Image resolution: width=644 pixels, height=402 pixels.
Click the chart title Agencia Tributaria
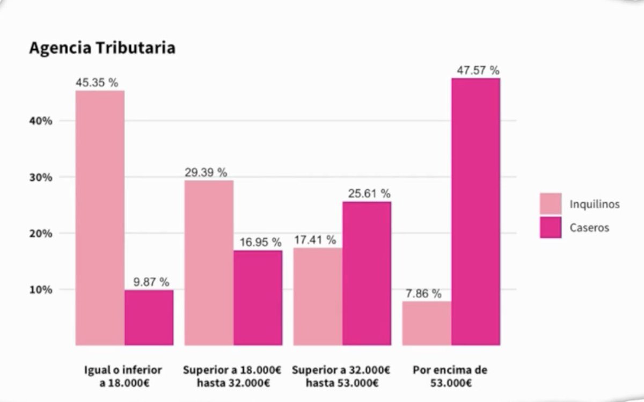102,48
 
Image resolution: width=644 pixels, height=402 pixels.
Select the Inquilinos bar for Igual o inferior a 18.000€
100,217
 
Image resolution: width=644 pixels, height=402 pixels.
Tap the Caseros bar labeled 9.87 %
149,318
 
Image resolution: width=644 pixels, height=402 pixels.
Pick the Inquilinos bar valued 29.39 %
209,262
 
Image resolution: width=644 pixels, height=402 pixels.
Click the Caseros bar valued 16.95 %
258,297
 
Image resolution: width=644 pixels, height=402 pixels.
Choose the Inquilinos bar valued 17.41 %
318,296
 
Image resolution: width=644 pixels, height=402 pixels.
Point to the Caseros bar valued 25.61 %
367,273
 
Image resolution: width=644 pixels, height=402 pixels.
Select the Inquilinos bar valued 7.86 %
427,323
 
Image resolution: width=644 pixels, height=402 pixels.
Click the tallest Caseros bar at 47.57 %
475,211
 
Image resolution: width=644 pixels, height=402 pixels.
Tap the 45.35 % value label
97,83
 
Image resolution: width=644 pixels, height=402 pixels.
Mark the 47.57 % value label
478,70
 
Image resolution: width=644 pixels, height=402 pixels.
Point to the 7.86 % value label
423,294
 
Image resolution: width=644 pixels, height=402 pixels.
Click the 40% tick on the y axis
41,121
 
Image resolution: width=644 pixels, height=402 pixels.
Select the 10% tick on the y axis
41,290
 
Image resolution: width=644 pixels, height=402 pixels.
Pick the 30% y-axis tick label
41,177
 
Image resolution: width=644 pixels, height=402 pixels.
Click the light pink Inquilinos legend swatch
551,204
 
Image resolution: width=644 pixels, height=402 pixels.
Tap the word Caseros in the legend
589,228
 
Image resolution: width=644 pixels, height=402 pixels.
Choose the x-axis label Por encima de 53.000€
450,376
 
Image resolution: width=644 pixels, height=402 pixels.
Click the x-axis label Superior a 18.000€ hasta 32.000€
233,376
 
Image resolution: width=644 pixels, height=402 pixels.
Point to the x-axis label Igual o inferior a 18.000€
123,376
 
